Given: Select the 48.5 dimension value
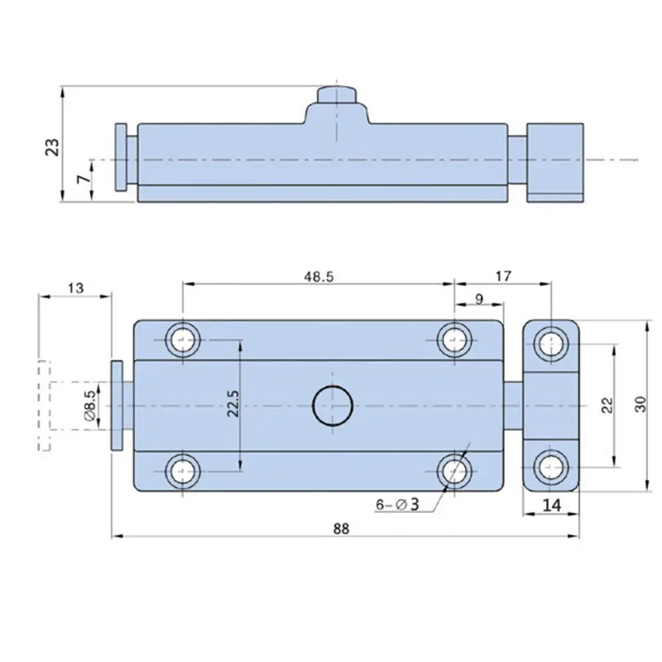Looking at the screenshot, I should (318, 277).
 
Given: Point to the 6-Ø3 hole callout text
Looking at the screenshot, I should (397, 504).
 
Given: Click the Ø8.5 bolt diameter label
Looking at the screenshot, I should (91, 404).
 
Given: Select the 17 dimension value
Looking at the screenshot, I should (503, 276).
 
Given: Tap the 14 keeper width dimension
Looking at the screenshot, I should (551, 505).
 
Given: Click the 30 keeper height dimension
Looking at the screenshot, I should (639, 404).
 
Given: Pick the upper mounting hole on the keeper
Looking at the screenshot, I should (551, 343).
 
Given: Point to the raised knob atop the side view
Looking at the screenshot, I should (337, 95).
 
